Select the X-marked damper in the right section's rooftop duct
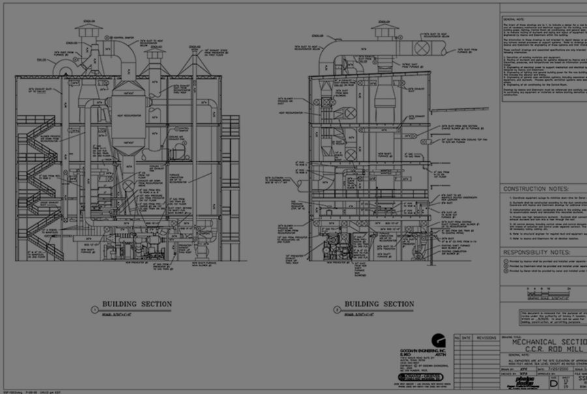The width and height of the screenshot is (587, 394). pyautogui.click(x=423, y=48)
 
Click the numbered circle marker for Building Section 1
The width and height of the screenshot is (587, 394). pyautogui.click(x=95, y=310)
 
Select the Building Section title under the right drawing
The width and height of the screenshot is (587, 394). pyautogui.click(x=379, y=304)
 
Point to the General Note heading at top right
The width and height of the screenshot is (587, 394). pyautogui.click(x=515, y=20)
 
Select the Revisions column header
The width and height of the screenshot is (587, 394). pyautogui.click(x=486, y=338)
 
